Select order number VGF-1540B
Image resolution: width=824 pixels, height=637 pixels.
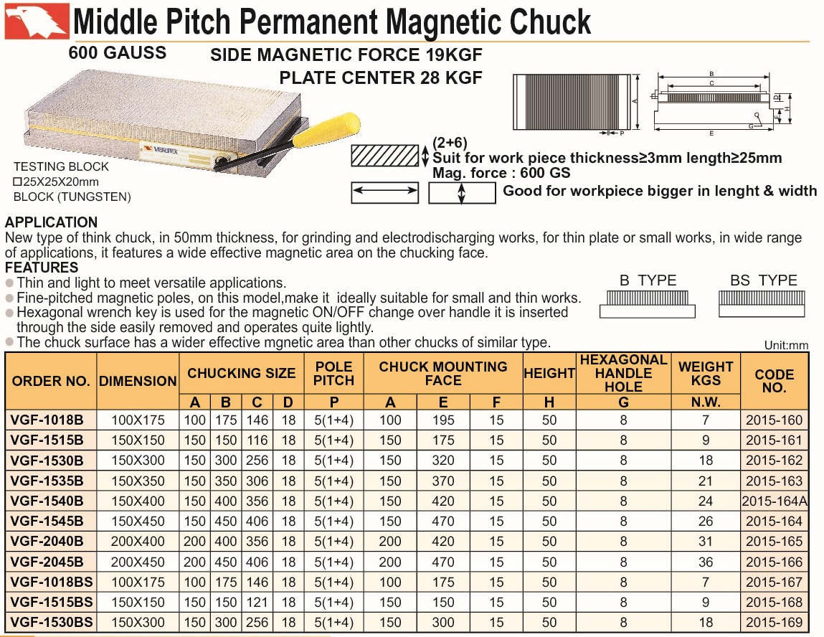point(48,501)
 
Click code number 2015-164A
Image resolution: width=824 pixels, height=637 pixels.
point(775,501)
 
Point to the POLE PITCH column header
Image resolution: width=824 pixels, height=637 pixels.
point(334,372)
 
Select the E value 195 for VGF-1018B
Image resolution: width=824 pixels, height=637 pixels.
point(443,420)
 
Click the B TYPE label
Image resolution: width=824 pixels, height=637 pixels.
point(648,280)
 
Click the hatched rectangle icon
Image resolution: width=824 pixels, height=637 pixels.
point(384,156)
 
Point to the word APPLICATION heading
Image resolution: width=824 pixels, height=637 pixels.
point(51,222)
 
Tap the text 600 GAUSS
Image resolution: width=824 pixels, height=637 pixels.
point(117,52)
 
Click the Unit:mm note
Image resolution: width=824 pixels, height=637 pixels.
point(786,346)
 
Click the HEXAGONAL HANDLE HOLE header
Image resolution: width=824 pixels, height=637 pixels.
point(623,372)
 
